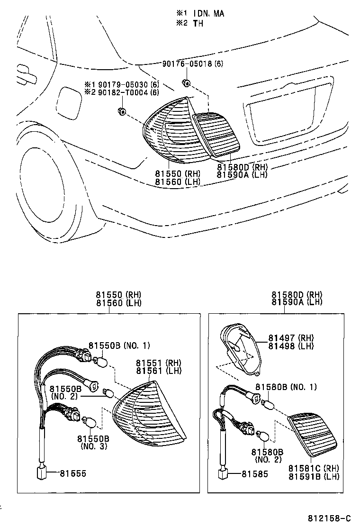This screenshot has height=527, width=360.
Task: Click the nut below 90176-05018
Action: pos(187,83)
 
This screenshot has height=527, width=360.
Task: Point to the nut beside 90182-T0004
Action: pos(121,111)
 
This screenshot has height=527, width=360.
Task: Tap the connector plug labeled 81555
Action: pos(42,472)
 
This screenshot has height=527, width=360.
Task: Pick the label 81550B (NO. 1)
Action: pos(119,346)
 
